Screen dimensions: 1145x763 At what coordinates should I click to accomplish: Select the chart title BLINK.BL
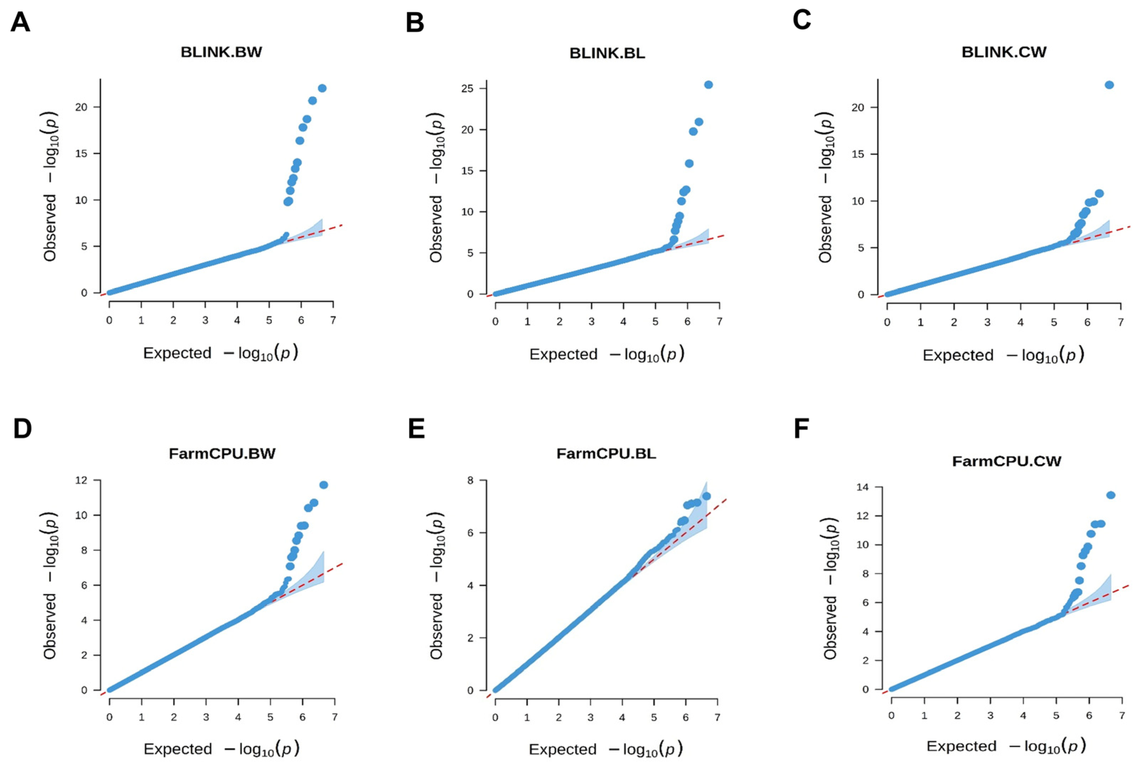[x=607, y=53]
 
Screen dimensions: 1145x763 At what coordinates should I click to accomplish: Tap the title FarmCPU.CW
[x=1006, y=461]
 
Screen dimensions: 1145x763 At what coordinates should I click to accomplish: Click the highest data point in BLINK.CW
[x=1109, y=85]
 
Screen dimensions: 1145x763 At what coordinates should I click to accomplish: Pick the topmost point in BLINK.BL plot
[x=708, y=85]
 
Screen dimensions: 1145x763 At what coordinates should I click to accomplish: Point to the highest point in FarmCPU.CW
[x=1111, y=495]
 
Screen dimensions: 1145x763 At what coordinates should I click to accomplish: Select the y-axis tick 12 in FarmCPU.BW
[x=82, y=480]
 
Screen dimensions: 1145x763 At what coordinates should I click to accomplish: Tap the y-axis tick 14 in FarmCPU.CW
[x=864, y=487]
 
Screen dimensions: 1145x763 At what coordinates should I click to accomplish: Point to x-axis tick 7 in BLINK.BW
[x=333, y=321]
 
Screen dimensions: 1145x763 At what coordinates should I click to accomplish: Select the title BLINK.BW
[x=221, y=52]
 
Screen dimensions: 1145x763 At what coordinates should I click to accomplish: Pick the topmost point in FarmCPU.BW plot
[x=323, y=485]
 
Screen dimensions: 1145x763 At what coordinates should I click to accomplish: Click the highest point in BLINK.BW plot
[x=322, y=88]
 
